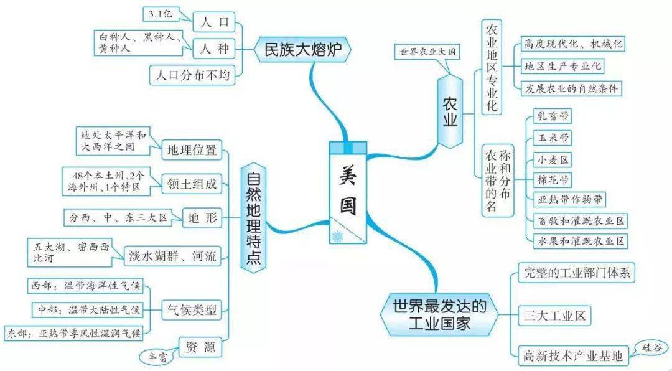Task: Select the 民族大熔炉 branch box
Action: coord(304,49)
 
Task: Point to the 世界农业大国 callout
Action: coord(426,50)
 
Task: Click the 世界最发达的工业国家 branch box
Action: coord(439,315)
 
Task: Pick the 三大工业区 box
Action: coord(553,316)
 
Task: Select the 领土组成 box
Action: coord(192,184)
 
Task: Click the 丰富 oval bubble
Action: coord(157,357)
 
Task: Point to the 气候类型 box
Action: coord(190,308)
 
